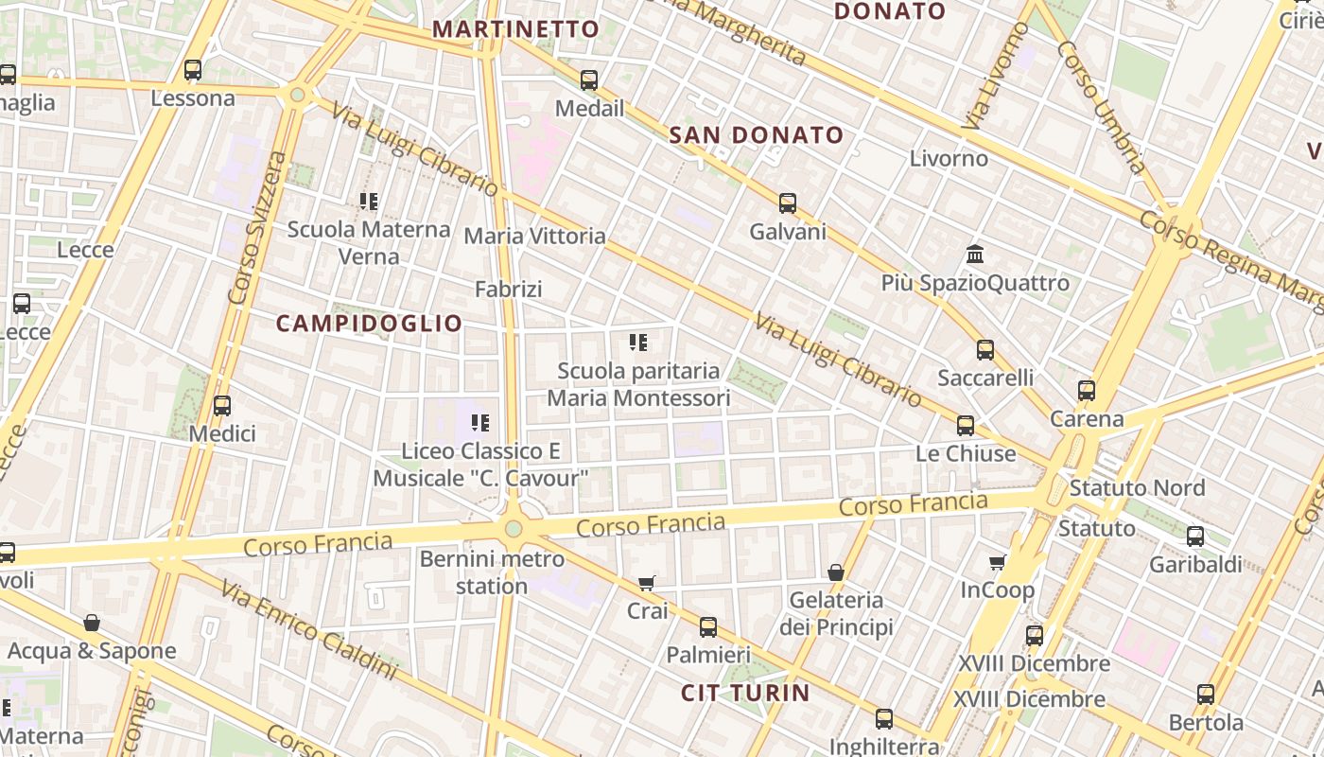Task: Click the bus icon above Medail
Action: point(589,80)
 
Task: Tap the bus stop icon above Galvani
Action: point(788,202)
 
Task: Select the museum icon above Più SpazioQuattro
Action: point(976,254)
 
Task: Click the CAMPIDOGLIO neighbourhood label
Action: point(370,324)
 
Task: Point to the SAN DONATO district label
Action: point(756,135)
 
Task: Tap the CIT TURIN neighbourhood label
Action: point(745,693)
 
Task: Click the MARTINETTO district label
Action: point(516,29)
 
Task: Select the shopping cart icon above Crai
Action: point(647,583)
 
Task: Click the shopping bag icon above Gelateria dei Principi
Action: point(836,572)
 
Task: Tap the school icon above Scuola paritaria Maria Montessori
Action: point(638,342)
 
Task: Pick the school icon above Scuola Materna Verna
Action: point(369,201)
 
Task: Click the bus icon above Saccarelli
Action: point(985,350)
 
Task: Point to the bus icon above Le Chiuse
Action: point(966,426)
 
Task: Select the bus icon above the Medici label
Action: point(222,406)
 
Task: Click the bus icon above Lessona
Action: point(193,70)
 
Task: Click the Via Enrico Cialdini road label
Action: point(309,629)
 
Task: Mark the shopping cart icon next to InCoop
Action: point(998,563)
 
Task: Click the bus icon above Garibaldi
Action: point(1195,537)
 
